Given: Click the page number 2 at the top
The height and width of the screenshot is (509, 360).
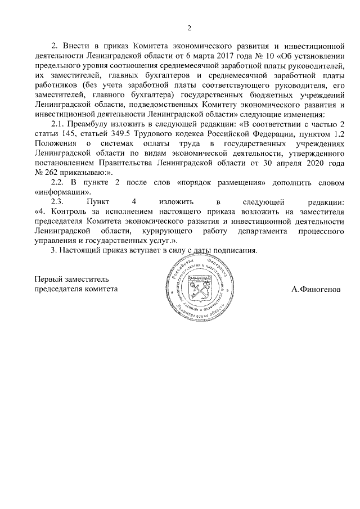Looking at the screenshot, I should click(190, 28).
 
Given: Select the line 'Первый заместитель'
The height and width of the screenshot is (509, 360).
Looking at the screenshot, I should click(72, 279).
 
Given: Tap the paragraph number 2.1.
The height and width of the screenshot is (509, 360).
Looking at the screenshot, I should click(60, 122).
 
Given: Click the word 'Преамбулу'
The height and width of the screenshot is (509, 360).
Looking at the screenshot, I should click(93, 122).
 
